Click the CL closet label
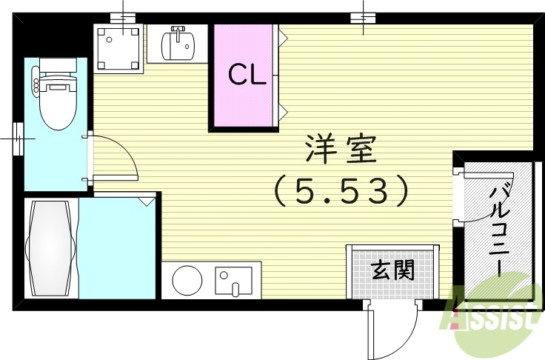246,75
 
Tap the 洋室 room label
341,151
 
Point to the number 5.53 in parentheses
340,192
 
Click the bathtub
50,247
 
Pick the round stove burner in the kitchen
187,281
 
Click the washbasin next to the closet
178,44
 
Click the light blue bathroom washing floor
117,248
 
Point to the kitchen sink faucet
235,287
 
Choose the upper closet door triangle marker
282,33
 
